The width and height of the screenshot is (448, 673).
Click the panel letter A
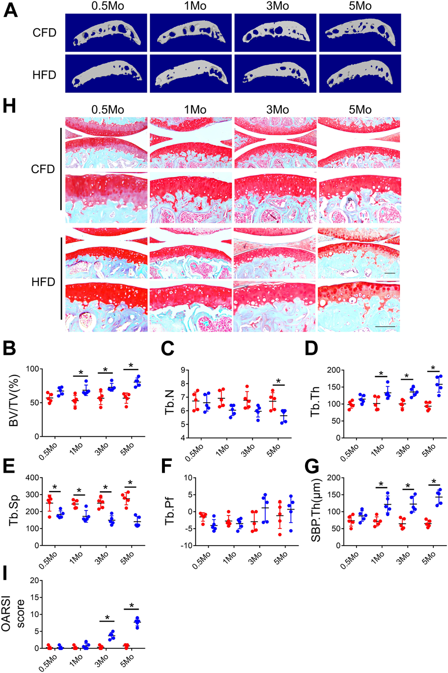click(11, 10)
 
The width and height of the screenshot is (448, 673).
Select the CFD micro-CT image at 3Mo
click(275, 32)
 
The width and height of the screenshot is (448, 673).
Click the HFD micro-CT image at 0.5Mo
click(107, 73)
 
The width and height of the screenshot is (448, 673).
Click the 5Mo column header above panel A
click(360, 6)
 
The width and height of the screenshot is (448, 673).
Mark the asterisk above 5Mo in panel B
click(131, 365)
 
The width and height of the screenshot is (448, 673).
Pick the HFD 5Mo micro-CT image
click(360, 73)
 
